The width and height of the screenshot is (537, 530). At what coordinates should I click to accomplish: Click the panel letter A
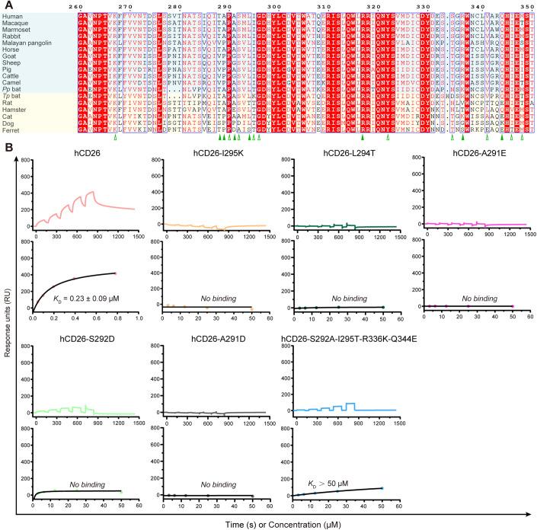[6, 5]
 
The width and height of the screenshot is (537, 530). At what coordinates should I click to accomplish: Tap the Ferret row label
[12, 131]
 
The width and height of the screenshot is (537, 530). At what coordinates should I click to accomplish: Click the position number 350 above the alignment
[526, 6]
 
